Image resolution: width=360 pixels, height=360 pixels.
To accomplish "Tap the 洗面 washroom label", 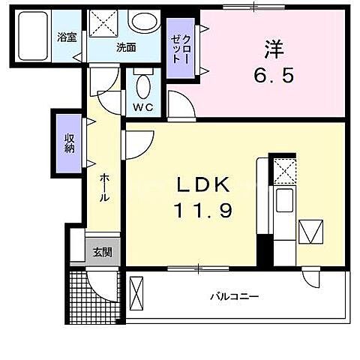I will point(125,47).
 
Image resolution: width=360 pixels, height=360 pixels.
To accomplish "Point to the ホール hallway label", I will point(103,186).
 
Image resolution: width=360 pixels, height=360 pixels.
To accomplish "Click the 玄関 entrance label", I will point(103,253).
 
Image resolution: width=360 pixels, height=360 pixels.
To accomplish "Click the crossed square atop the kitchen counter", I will point(283,170).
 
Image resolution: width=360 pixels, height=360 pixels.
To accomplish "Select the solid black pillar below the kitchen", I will point(264,248).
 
